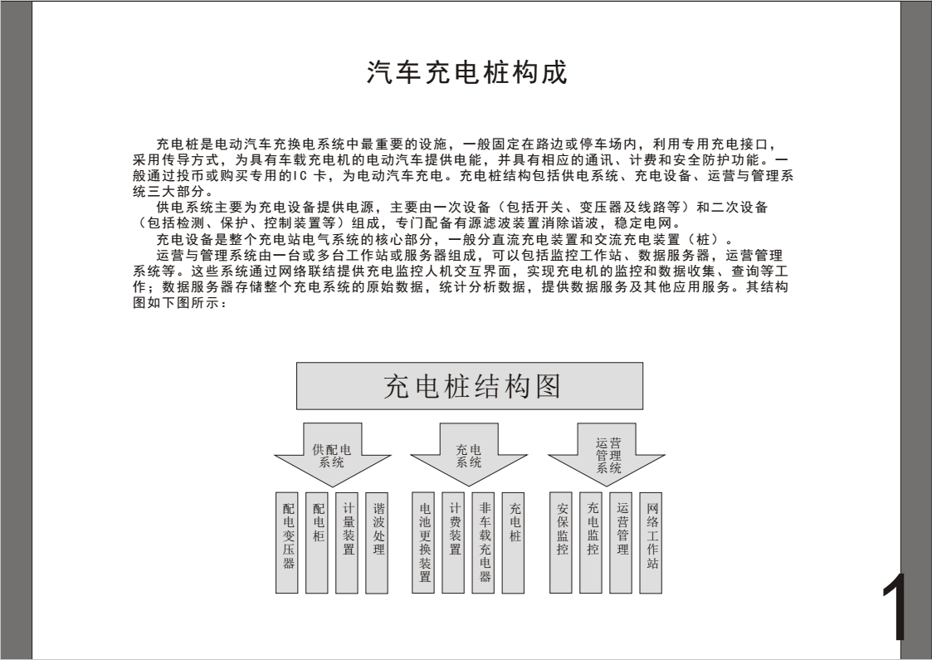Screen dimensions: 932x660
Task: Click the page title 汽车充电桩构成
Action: (467, 72)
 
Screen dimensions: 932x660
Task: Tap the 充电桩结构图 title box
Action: (470, 386)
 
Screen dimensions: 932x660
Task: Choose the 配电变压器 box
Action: (287, 542)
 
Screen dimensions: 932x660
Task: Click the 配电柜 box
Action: (317, 542)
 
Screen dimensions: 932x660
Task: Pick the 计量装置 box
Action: (347, 542)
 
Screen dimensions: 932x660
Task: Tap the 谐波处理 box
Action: (377, 542)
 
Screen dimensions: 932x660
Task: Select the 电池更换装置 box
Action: (423, 542)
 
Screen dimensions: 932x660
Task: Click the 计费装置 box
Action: (453, 542)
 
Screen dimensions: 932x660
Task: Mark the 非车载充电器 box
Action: (483, 542)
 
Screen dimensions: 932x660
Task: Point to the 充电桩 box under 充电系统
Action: (514, 542)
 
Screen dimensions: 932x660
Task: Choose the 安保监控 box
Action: (561, 542)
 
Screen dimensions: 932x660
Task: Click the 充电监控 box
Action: (591, 542)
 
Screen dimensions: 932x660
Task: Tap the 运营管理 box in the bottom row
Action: (621, 542)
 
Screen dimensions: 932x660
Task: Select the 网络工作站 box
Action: (651, 542)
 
